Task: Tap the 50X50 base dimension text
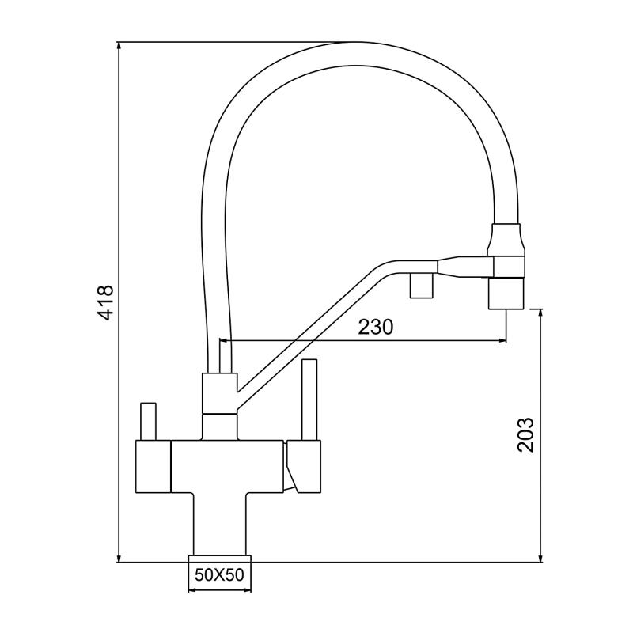pos(218,575)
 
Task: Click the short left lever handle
pos(147,421)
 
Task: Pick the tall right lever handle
pos(309,400)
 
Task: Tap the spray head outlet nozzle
pos(506,294)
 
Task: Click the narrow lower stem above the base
pos(218,522)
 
